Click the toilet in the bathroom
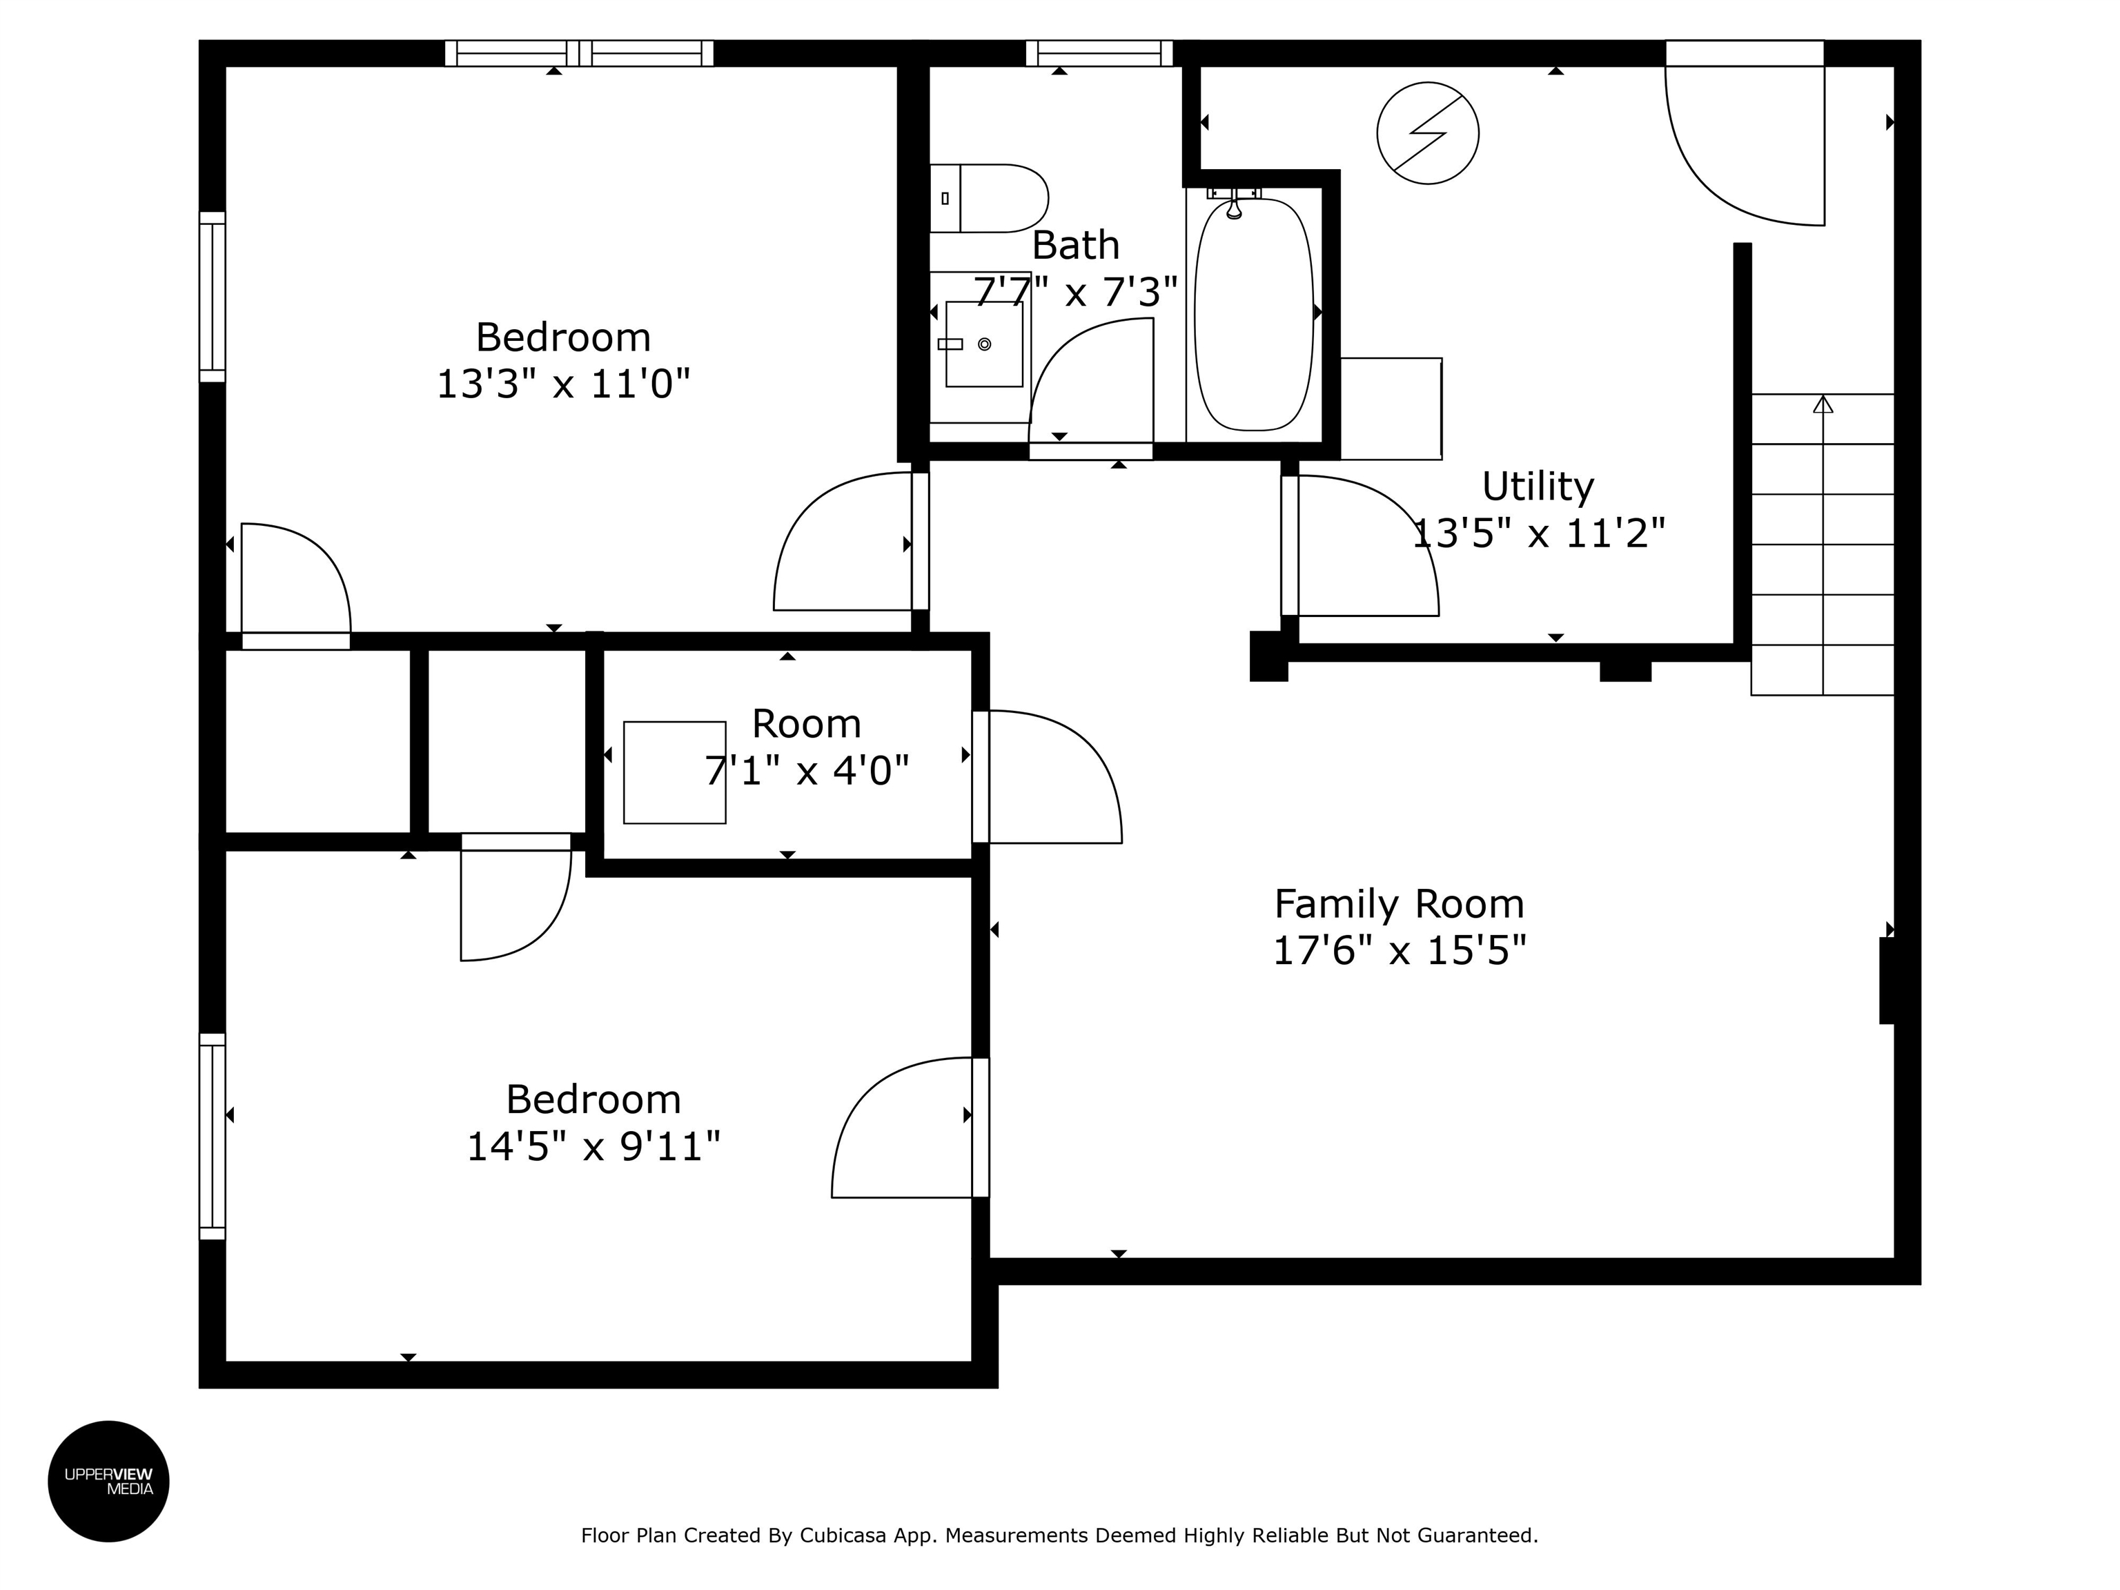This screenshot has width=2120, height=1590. pyautogui.click(x=989, y=198)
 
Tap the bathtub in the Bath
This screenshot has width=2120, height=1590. pyautogui.click(x=1254, y=315)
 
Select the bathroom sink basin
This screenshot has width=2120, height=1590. pyautogui.click(x=984, y=344)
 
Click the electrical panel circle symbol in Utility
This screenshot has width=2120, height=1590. pyautogui.click(x=1427, y=133)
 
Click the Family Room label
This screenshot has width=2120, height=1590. pyautogui.click(x=1398, y=904)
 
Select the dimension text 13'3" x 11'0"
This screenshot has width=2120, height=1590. pyautogui.click(x=564, y=384)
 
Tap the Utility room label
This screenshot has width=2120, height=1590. pyautogui.click(x=1538, y=487)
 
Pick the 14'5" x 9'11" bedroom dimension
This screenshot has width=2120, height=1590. pyautogui.click(x=593, y=1146)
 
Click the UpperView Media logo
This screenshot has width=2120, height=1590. pyautogui.click(x=108, y=1481)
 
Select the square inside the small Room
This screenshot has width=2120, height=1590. pyautogui.click(x=675, y=772)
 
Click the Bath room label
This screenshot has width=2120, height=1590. pyautogui.click(x=1075, y=246)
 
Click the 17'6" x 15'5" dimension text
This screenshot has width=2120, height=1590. pyautogui.click(x=1398, y=951)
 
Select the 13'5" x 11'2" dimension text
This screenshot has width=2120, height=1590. pyautogui.click(x=1538, y=533)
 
